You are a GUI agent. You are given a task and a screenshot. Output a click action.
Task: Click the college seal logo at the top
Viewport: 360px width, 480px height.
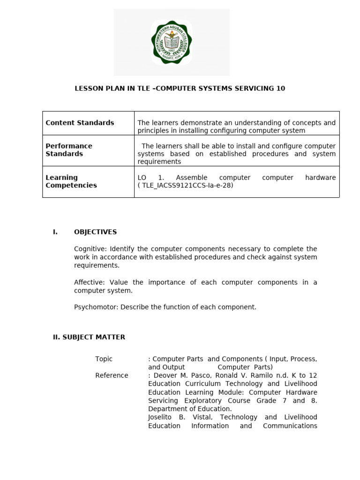point(171,43)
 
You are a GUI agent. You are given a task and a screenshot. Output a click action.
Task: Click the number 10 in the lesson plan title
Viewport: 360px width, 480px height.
point(280,88)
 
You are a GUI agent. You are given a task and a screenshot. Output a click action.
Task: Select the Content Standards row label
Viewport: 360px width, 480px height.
point(80,123)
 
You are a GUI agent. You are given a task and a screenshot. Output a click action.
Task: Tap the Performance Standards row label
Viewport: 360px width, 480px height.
point(69,150)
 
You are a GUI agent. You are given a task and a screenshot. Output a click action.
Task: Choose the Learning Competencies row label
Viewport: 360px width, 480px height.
point(71,181)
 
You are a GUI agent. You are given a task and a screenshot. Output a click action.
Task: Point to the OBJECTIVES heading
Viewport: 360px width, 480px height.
point(95,232)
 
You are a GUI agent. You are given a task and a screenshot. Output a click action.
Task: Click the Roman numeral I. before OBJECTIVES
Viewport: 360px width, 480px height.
point(55,232)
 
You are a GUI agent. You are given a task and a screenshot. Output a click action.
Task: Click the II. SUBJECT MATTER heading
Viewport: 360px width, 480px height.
point(89,337)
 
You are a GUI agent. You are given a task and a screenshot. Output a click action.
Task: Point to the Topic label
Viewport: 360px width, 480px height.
point(104,359)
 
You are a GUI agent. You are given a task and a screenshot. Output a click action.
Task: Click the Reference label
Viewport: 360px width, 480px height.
point(112,375)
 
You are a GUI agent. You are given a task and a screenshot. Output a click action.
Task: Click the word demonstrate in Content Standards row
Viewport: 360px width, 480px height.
point(195,123)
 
